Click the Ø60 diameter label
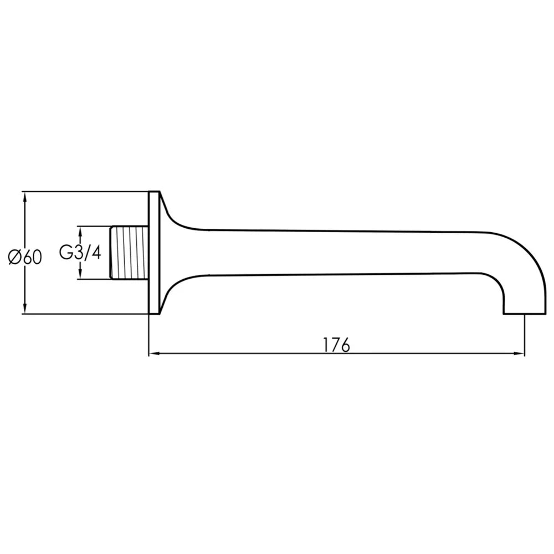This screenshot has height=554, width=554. click(x=25, y=257)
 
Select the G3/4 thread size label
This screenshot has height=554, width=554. click(x=80, y=253)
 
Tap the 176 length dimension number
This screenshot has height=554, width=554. click(x=336, y=345)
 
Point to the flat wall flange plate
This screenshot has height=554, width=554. click(x=154, y=253)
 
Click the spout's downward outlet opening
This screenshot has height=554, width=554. click(x=525, y=314)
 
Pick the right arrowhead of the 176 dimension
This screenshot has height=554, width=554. click(x=519, y=353)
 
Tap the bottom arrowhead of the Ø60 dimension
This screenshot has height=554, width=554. click(x=24, y=308)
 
